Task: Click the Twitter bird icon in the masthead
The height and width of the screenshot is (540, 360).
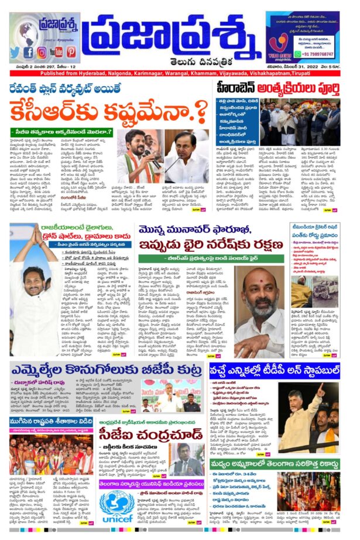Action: click(15, 52)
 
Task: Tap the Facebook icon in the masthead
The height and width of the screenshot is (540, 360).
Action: click(28, 52)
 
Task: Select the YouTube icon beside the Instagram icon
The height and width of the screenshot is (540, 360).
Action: click(56, 52)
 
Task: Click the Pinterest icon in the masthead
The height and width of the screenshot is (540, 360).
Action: click(71, 52)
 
